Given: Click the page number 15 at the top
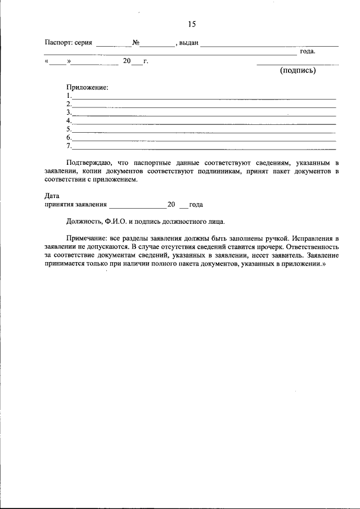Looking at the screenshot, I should pyautogui.click(x=191, y=24).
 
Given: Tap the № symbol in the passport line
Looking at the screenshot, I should pyautogui.click(x=136, y=43).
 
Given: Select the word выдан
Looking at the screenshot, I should pyautogui.click(x=188, y=43).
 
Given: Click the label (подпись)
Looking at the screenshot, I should pyautogui.click(x=298, y=71).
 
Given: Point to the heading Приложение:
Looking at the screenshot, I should pyautogui.click(x=87, y=88).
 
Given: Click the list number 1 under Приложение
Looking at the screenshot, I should pyautogui.click(x=68, y=96).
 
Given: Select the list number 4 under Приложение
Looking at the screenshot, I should pyautogui.click(x=68, y=121).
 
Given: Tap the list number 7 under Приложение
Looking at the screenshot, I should pyautogui.click(x=68, y=146).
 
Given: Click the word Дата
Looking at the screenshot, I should pyautogui.click(x=52, y=196).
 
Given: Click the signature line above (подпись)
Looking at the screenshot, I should pyautogui.click(x=298, y=64).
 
